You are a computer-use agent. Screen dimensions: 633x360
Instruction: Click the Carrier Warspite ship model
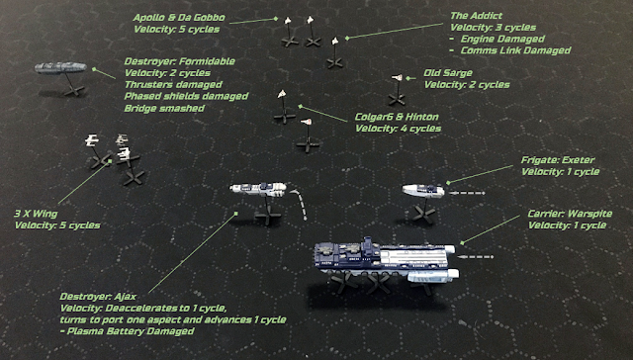point(387,259)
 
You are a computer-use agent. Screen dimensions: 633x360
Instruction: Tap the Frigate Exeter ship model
point(423,191)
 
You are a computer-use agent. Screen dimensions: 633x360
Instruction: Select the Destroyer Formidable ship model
point(60,67)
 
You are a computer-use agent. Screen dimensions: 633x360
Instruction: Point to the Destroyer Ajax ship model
point(258,189)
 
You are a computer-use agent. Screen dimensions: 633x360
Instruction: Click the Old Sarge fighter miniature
point(398,77)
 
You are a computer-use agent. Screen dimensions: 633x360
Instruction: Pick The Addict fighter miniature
point(334,41)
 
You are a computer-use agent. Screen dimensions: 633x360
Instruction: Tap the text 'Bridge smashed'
point(164,108)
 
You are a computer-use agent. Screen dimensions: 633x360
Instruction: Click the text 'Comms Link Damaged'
point(515,50)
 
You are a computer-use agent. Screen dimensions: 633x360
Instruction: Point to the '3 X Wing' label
point(36,214)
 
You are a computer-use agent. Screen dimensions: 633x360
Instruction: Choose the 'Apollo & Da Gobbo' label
point(179,18)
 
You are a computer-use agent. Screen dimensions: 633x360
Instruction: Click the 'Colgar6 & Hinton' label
point(397,117)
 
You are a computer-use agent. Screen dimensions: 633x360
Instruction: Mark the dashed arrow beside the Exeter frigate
point(467,193)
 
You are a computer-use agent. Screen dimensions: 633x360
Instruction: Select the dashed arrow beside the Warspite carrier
point(476,257)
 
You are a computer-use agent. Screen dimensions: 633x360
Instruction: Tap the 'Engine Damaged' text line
point(502,39)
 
